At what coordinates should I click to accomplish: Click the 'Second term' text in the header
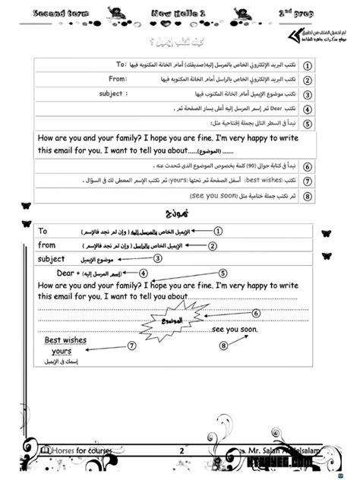point(39,13)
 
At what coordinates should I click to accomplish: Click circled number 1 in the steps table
point(308,65)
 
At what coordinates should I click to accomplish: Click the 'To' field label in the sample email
point(43,230)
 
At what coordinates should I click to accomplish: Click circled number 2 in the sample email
point(213,245)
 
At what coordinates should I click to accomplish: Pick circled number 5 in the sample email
point(223,273)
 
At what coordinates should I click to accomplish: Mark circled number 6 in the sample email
point(256,313)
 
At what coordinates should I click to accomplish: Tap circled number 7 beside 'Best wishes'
point(131,346)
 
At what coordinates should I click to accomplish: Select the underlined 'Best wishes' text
point(65,340)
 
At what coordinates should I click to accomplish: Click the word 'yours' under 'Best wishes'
point(61,352)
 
